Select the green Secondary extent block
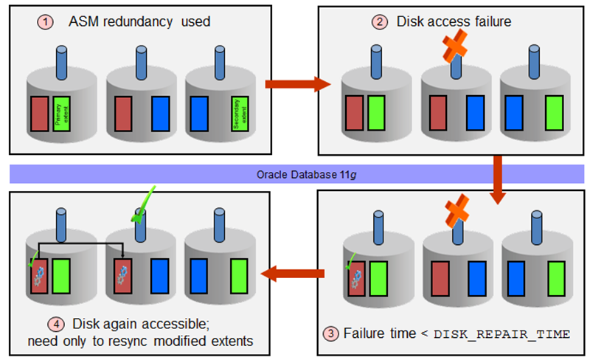(x=238, y=112)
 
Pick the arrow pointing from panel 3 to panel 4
(x=295, y=274)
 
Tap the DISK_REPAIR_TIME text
(x=502, y=334)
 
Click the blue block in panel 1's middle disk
(x=160, y=113)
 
